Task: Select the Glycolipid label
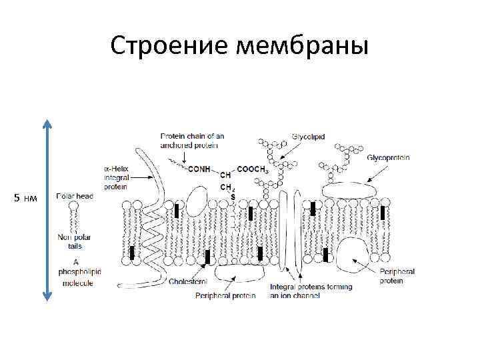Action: (x=308, y=136)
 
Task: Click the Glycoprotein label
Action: (x=388, y=157)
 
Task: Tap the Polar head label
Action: (x=75, y=196)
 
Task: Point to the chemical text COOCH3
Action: (x=253, y=169)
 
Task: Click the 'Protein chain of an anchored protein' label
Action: (x=192, y=141)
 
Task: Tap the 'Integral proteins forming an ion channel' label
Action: (x=311, y=291)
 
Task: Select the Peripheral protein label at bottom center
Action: (x=225, y=295)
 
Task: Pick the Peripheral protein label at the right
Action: (x=397, y=276)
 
